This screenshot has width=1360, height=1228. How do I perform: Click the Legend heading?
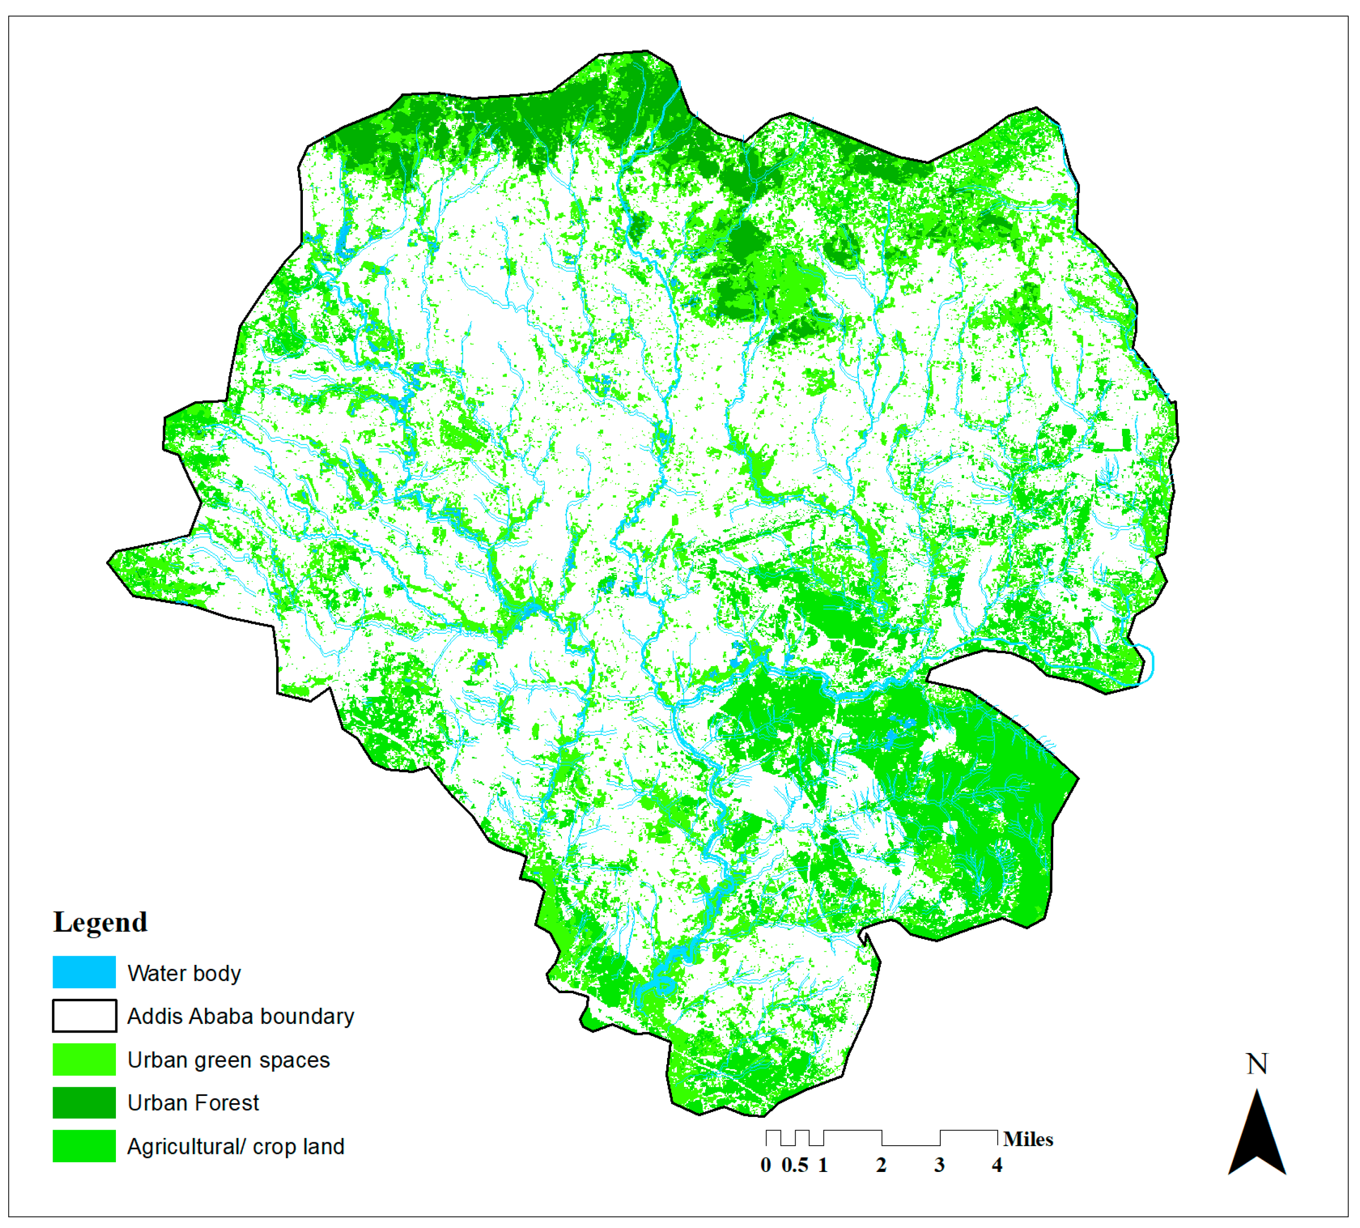tap(100, 921)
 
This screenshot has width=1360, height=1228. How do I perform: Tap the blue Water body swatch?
tap(84, 972)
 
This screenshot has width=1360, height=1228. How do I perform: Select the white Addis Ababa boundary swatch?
tap(84, 1016)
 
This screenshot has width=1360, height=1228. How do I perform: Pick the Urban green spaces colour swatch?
tap(84, 1059)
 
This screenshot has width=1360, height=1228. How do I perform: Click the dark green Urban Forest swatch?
tap(84, 1102)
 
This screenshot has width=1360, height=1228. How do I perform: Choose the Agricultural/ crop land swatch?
tap(84, 1146)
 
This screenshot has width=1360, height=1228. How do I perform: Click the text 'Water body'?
tap(184, 973)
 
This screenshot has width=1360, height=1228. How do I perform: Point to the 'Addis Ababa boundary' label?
tap(240, 1016)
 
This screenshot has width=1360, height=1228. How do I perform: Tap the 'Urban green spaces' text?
tap(228, 1060)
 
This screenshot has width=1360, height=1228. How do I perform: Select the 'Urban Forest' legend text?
tap(193, 1103)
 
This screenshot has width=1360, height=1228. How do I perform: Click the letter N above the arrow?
tap(1257, 1064)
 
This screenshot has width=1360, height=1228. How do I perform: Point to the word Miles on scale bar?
tap(1027, 1140)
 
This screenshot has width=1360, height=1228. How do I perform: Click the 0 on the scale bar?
tap(765, 1165)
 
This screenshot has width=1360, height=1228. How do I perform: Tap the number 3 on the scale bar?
tap(939, 1165)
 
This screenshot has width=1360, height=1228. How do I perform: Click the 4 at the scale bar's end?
tap(997, 1165)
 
